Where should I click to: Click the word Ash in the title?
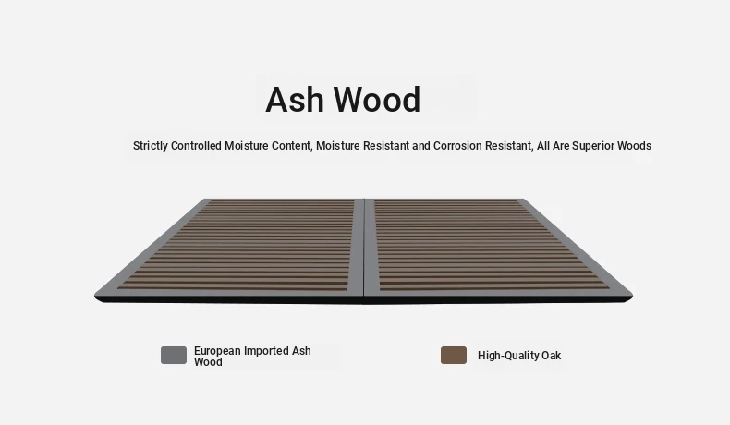[294, 100]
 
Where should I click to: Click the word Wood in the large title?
[378, 100]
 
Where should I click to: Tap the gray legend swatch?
[174, 355]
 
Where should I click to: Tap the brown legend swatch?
[454, 355]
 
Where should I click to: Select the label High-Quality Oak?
[519, 356]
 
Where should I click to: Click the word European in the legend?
[217, 351]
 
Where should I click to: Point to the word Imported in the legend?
[266, 351]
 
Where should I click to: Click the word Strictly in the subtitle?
[151, 146]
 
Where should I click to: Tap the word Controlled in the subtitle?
[196, 146]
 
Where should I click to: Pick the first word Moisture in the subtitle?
[247, 146]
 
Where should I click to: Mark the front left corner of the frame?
[95, 296]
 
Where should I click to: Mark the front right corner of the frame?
[632, 296]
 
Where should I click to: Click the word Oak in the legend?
[552, 356]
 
